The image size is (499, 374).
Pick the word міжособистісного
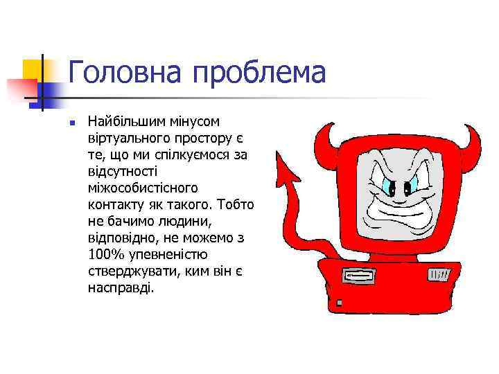(143, 188)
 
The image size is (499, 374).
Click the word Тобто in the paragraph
(236, 205)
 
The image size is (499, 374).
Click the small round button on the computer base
(339, 302)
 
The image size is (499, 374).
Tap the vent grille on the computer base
(439, 276)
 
